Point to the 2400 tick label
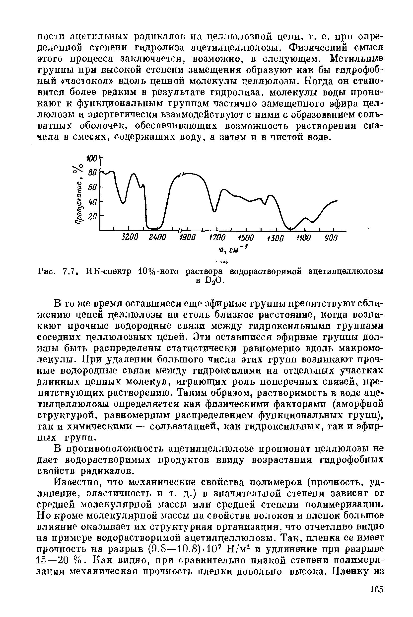(157, 238)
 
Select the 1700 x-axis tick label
(217, 238)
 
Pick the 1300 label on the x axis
(276, 238)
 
